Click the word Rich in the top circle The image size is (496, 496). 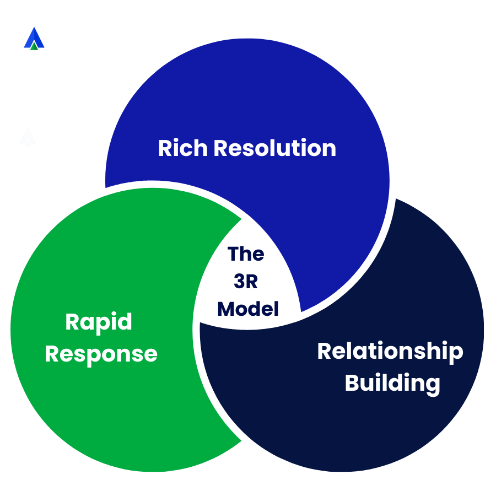[x=182, y=148]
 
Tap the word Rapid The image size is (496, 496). [x=99, y=322]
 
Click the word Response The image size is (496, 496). [x=101, y=353]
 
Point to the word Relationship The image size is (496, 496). [x=390, y=352]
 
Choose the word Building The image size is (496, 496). [x=392, y=382]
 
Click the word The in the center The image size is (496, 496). [x=246, y=254]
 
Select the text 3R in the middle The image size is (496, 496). [x=246, y=281]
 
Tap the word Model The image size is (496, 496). [x=248, y=309]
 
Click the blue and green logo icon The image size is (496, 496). [x=34, y=39]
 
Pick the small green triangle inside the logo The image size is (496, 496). [x=34, y=45]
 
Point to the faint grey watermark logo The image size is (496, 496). [x=28, y=138]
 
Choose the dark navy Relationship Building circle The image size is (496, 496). [x=386, y=430]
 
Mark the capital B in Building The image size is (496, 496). [x=352, y=382]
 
